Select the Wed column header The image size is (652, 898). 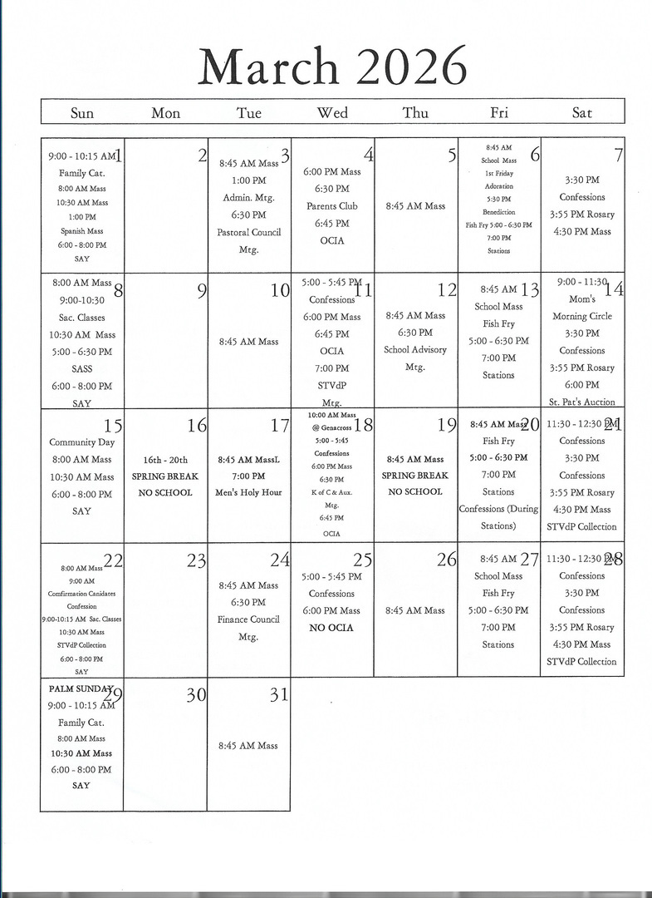[x=332, y=113]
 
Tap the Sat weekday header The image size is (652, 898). [x=582, y=113]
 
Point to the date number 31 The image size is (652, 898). [x=278, y=695]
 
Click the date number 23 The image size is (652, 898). [x=196, y=560]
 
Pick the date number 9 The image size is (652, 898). [x=202, y=291]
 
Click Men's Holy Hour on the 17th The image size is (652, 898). [x=249, y=492]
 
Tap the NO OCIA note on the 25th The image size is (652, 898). [x=331, y=628]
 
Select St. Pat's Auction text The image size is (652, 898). [x=582, y=402]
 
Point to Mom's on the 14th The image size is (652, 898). [x=582, y=299]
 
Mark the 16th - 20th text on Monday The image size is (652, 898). [x=165, y=460]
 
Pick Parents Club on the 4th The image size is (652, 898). [x=331, y=206]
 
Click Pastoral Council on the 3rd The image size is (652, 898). [x=249, y=232]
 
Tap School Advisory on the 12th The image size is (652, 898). [x=415, y=350]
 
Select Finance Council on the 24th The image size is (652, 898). [x=249, y=619]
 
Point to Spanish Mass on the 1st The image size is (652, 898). [x=81, y=231]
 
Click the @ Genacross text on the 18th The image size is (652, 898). [x=331, y=427]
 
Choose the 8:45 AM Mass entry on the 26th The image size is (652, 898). [x=415, y=610]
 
